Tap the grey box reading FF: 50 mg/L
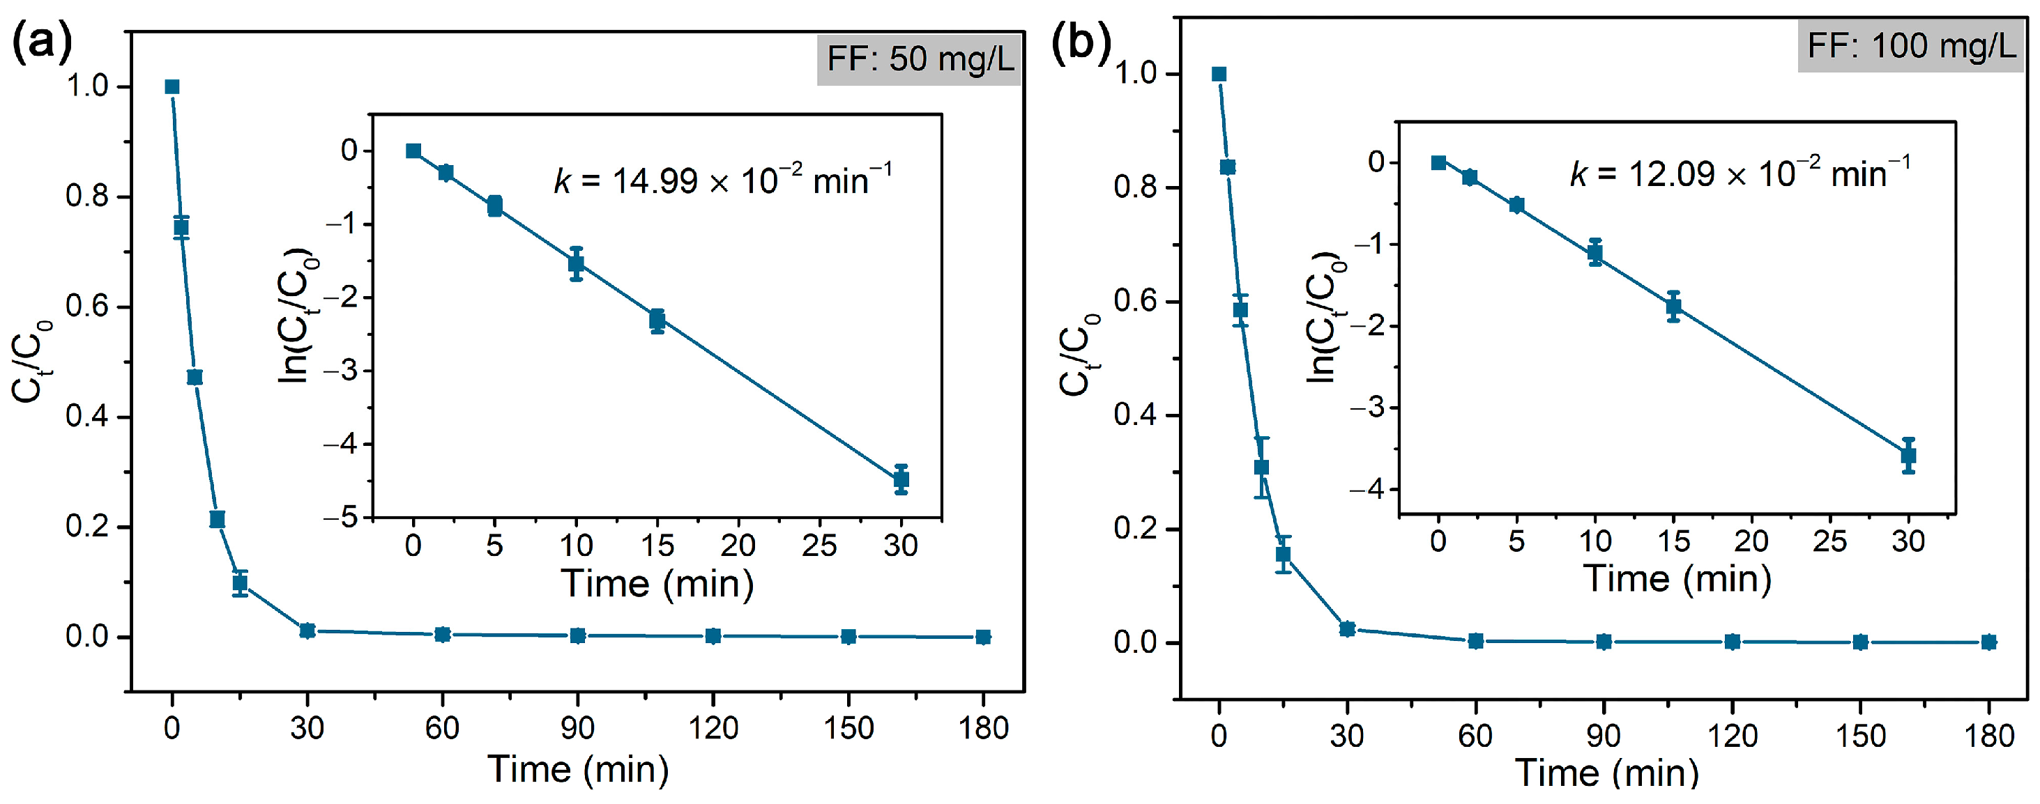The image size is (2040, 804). [920, 59]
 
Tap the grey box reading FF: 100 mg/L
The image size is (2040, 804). [1910, 46]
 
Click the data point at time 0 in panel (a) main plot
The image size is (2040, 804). [172, 87]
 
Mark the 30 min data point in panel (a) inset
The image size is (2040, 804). [900, 479]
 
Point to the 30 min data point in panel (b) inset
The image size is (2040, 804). [1908, 456]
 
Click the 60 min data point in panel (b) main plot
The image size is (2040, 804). [1475, 641]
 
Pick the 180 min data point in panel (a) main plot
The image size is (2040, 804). [983, 637]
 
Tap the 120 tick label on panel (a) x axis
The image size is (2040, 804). [713, 728]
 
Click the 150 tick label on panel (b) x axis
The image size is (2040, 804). [1860, 736]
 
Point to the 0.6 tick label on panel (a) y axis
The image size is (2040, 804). [87, 307]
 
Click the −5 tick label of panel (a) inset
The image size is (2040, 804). [340, 518]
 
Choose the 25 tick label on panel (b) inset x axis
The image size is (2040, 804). [1829, 541]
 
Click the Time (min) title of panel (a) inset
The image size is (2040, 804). [657, 584]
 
